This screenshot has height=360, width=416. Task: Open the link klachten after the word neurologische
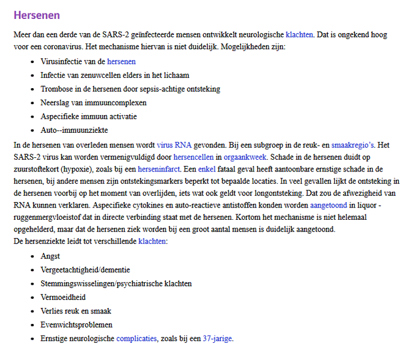pyautogui.click(x=299, y=35)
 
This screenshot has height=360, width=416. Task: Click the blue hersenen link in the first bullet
pyautogui.click(x=121, y=62)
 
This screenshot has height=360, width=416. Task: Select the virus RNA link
pyautogui.click(x=174, y=145)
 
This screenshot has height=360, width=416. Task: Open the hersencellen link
pyautogui.click(x=194, y=156)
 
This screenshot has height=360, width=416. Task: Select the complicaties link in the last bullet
pyautogui.click(x=136, y=338)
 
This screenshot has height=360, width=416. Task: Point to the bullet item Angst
pyautogui.click(x=50, y=257)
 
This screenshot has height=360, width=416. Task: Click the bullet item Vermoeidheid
pyautogui.click(x=64, y=297)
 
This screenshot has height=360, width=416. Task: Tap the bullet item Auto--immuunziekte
pyautogui.click(x=74, y=130)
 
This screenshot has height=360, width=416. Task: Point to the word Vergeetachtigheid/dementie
pyautogui.click(x=85, y=270)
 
